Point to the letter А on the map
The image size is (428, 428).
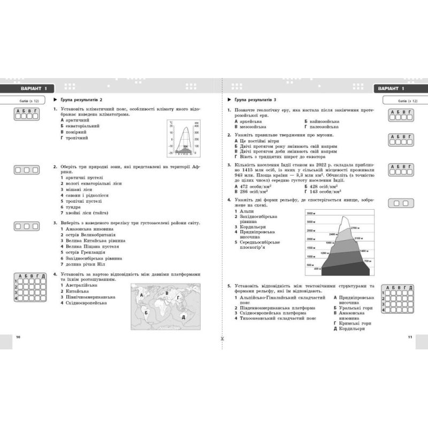pyautogui.click(x=140, y=295)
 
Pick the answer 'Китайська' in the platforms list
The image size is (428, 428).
pyautogui.click(x=79, y=291)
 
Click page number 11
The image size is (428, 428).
pyautogui.click(x=409, y=337)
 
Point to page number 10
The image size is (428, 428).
pyautogui.click(x=19, y=337)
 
